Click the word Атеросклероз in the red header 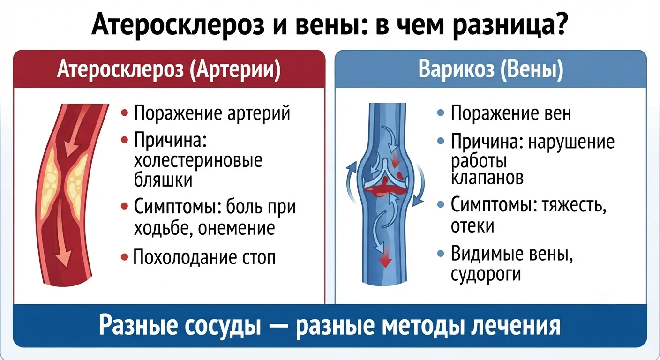point(120,70)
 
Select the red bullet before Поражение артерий point(125,113)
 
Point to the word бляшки point(163,179)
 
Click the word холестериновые point(198,161)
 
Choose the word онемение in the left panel point(236,227)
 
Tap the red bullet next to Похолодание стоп point(125,257)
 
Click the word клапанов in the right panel point(487,178)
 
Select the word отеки point(472,226)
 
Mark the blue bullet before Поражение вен point(441,113)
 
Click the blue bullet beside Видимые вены point(441,253)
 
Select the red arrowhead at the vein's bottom point(385,261)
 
